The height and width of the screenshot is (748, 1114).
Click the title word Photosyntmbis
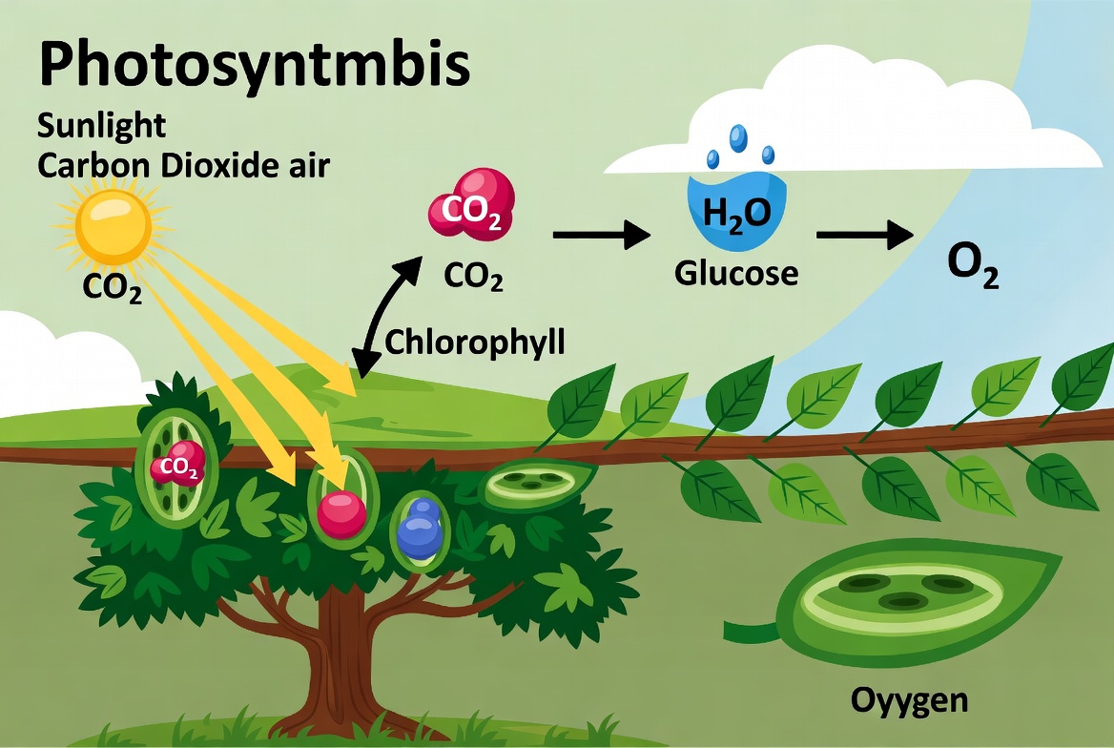pyautogui.click(x=254, y=68)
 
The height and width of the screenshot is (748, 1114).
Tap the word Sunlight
pyautogui.click(x=102, y=125)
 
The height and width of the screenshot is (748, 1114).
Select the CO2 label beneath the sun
pyautogui.click(x=113, y=287)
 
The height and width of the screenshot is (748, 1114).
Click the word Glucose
pyautogui.click(x=735, y=274)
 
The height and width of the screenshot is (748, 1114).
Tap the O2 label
pyautogui.click(x=973, y=268)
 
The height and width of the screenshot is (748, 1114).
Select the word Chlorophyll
pyautogui.click(x=474, y=342)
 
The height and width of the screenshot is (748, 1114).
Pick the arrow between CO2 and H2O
pyautogui.click(x=601, y=234)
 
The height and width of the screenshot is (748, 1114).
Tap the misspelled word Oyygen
pyautogui.click(x=908, y=701)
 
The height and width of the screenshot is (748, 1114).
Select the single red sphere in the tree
pyautogui.click(x=342, y=514)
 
